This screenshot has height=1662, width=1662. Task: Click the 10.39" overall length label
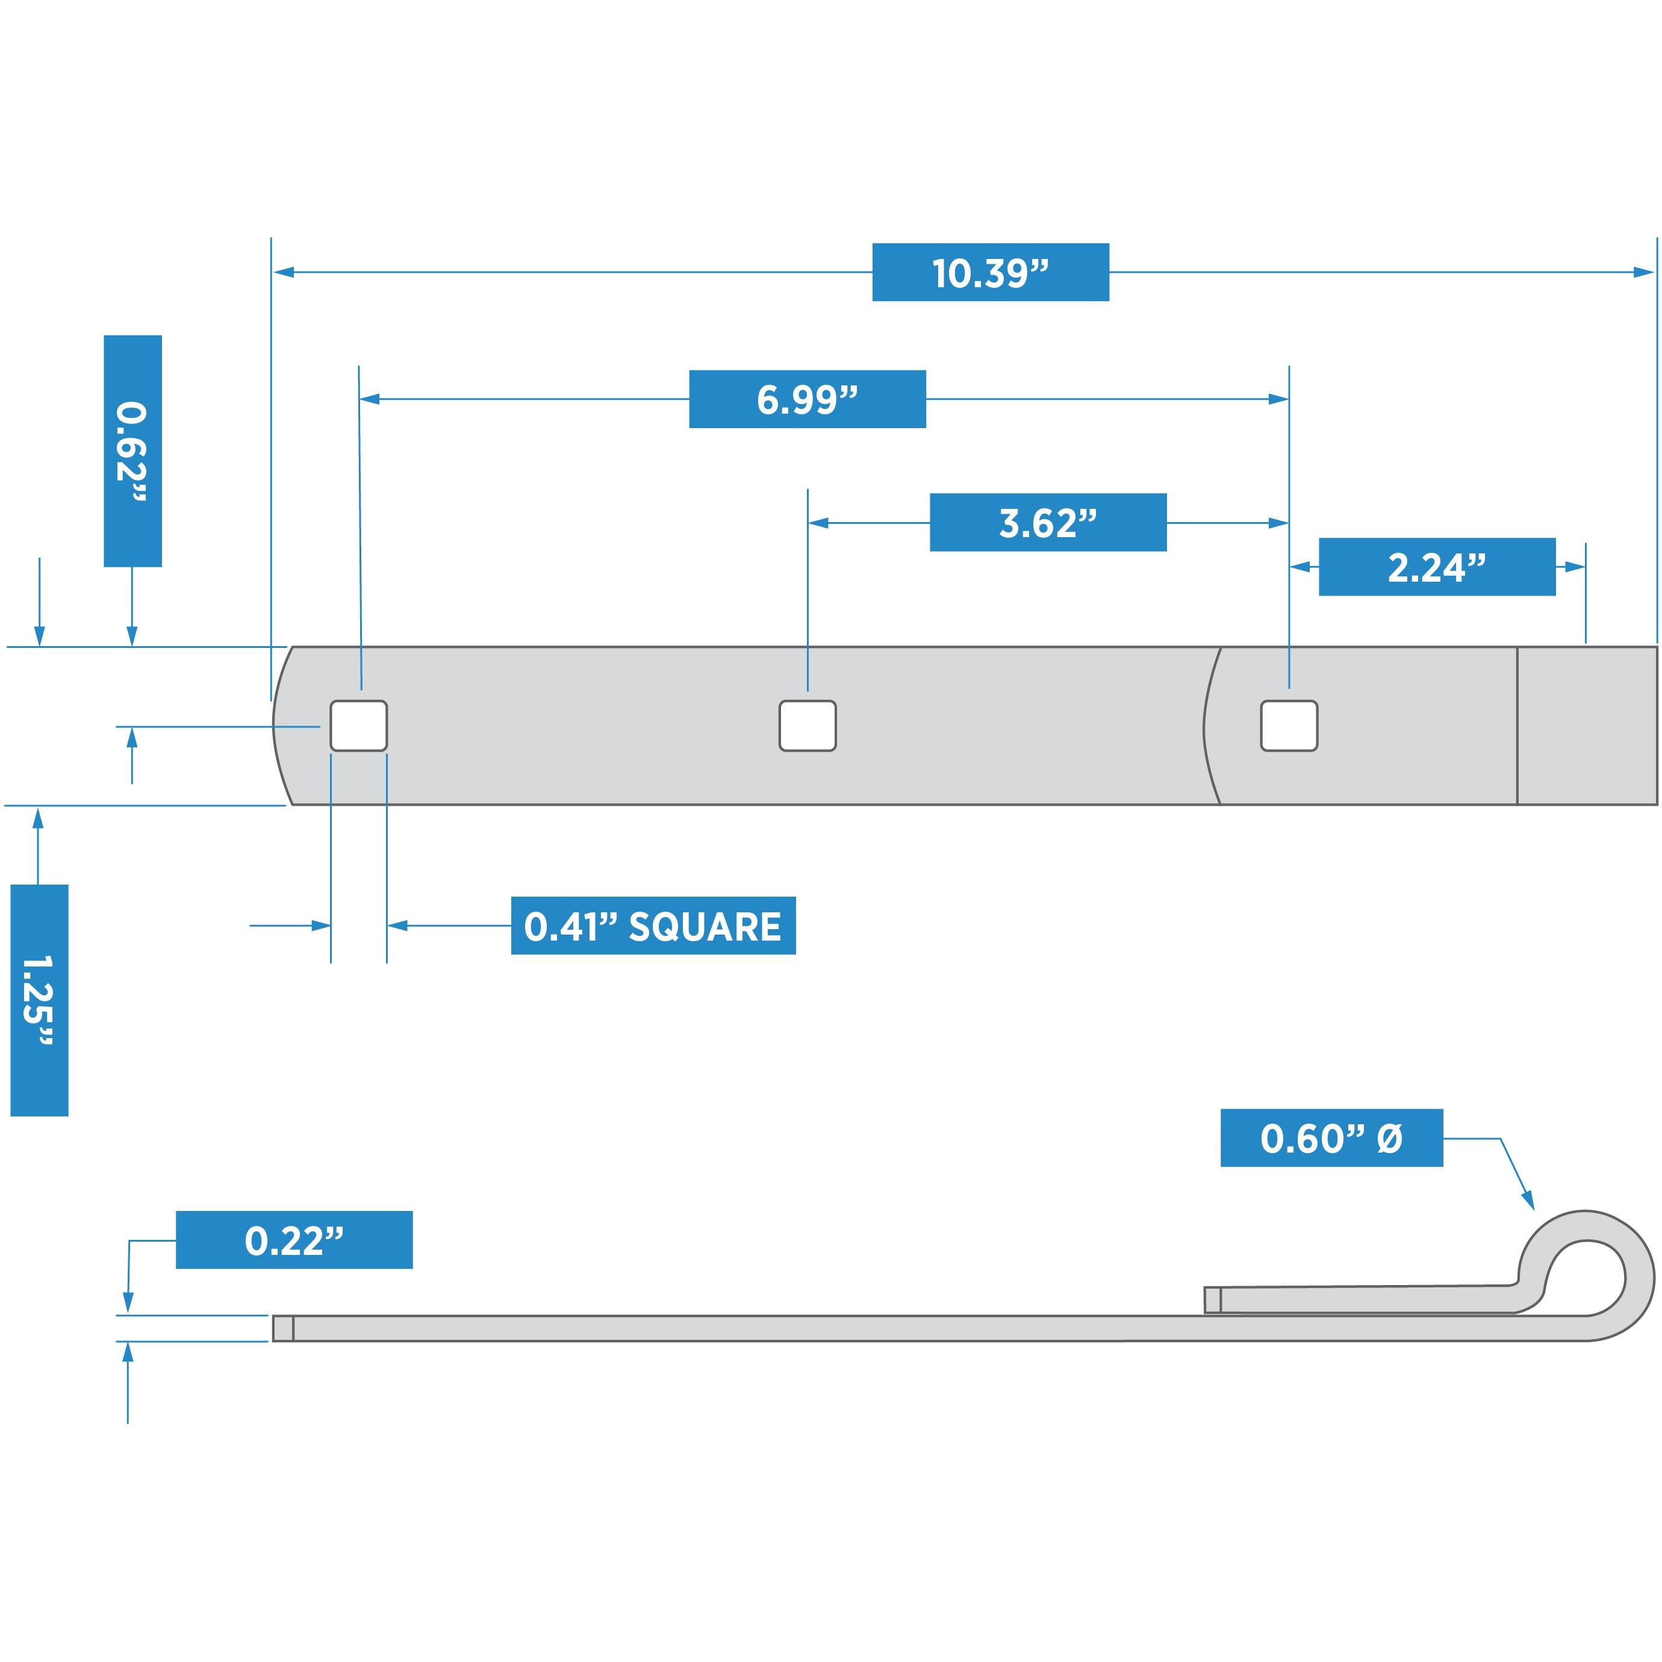point(990,273)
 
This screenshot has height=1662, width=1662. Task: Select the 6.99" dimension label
point(807,399)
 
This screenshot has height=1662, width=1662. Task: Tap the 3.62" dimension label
point(1048,522)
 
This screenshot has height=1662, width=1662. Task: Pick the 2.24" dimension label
point(1437,567)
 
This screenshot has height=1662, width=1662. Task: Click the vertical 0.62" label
point(132,451)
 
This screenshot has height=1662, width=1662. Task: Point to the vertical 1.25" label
point(39,1000)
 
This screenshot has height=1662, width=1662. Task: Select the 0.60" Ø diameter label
point(1331,1138)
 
